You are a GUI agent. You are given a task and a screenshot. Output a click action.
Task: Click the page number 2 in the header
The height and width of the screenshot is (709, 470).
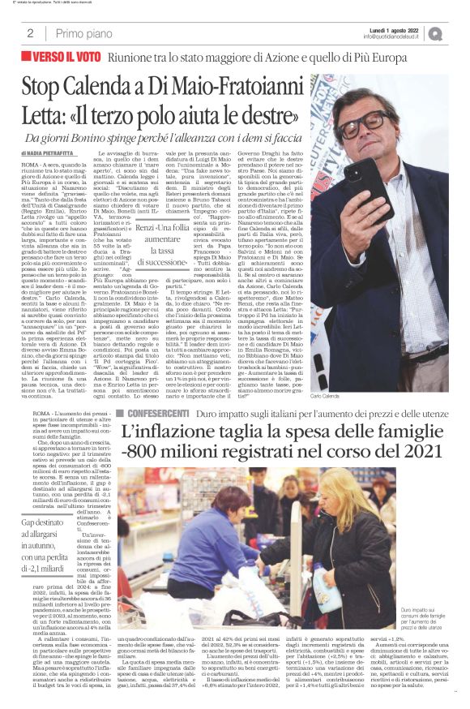coord(30,33)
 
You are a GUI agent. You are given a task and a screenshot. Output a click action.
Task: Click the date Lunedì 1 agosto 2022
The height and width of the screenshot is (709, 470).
coord(393,28)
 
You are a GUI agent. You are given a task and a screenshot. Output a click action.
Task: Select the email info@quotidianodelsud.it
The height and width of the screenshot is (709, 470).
coord(395,37)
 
